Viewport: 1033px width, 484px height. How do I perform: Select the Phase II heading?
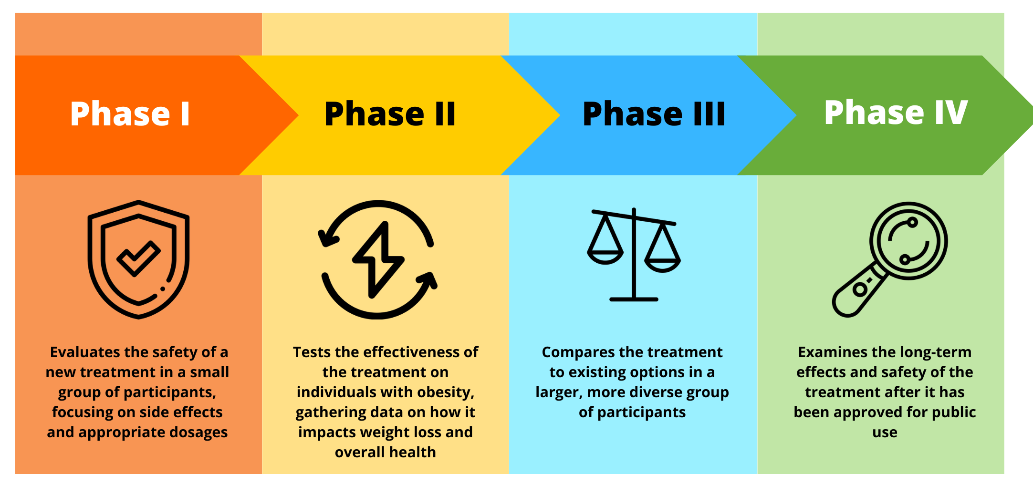coord(390,114)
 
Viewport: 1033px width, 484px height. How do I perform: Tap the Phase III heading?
coord(654,114)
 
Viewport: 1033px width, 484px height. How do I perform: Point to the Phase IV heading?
coord(896,113)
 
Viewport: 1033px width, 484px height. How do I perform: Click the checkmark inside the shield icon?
coord(138,258)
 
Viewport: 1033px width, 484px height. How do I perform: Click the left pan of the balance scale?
coord(605,257)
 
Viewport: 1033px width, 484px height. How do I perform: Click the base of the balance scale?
coord(634,299)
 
